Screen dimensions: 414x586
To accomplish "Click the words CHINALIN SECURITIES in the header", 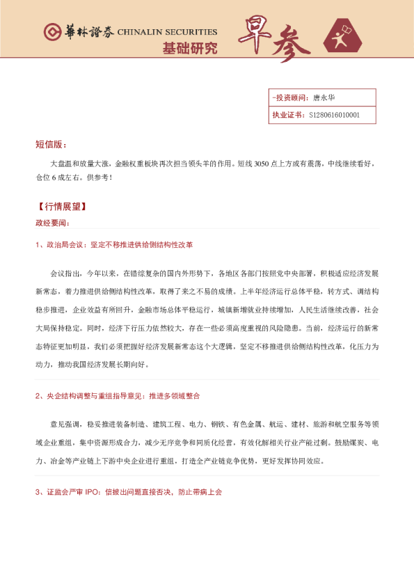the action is pyautogui.click(x=167, y=32).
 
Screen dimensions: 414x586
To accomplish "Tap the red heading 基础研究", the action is pyautogui.click(x=189, y=49).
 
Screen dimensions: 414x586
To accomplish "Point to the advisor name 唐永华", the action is pyautogui.click(x=324, y=97).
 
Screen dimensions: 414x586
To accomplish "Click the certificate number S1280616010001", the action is pyautogui.click(x=335, y=115).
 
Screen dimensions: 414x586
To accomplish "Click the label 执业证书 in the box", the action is pyautogui.click(x=287, y=115).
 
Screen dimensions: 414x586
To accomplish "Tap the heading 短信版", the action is pyautogui.click(x=50, y=145).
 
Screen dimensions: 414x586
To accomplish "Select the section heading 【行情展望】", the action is pyautogui.click(x=63, y=207).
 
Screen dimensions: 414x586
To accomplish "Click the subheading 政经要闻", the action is pyautogui.click(x=52, y=223).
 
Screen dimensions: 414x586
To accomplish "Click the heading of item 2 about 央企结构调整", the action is pyautogui.click(x=118, y=396).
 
